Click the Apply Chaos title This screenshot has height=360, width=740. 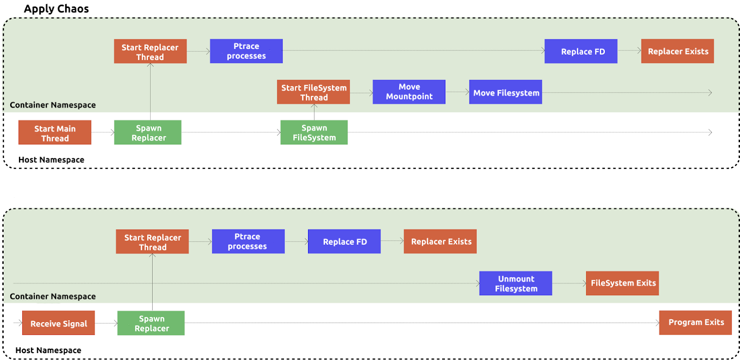tap(56, 9)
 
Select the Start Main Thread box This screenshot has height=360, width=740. tap(55, 133)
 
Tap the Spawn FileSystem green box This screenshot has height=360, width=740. tap(314, 133)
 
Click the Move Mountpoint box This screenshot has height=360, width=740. tap(409, 92)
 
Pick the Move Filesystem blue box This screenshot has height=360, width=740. tap(506, 92)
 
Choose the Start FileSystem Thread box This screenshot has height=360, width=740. tap(314, 92)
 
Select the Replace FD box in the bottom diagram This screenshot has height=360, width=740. tap(344, 242)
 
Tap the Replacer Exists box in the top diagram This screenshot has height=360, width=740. tap(678, 51)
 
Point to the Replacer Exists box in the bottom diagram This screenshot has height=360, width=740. tap(440, 242)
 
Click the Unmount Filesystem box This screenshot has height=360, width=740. tap(516, 283)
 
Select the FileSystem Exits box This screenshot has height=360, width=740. tap(623, 283)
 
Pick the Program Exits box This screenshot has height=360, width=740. tap(695, 323)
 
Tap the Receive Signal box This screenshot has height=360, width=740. tap(58, 323)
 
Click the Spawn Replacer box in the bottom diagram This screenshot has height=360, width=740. tap(151, 323)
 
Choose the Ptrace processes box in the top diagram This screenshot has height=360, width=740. tap(246, 51)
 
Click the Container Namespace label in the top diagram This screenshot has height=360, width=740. tap(53, 105)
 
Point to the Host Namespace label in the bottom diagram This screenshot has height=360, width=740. tap(48, 350)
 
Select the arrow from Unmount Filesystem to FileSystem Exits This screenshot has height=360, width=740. tap(569, 283)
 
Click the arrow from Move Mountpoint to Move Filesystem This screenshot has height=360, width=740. tap(457, 92)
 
